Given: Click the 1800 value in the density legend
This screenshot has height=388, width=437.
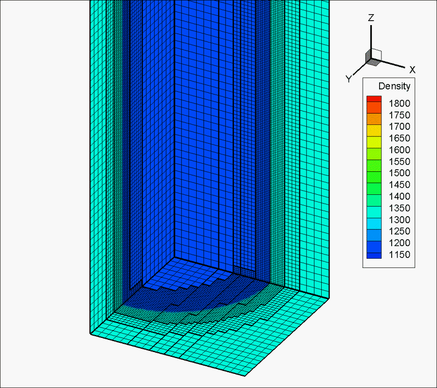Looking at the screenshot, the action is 399,104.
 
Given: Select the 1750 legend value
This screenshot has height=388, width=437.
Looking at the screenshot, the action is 399,115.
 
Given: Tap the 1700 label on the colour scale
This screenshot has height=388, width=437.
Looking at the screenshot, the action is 399,127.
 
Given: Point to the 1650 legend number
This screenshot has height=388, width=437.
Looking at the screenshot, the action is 399,138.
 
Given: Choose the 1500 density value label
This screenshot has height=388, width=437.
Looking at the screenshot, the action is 399,173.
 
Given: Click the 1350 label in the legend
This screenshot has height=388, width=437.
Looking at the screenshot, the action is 399,208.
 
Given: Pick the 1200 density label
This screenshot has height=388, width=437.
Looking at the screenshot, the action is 399,243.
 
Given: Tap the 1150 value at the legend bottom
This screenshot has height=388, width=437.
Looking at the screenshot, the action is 399,255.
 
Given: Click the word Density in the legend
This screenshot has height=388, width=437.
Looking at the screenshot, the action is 394,86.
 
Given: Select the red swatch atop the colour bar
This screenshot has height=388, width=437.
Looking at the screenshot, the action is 374,99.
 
